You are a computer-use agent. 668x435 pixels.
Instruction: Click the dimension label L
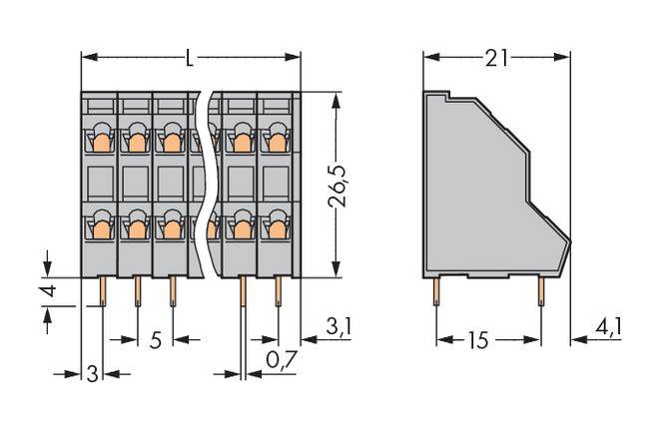190,58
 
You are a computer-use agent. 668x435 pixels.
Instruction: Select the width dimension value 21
497,58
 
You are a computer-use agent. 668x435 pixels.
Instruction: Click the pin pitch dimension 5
155,340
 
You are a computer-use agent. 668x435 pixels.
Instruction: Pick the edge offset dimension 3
92,375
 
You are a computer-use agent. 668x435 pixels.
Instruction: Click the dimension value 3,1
340,325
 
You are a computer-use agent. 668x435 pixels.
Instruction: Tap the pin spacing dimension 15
476,340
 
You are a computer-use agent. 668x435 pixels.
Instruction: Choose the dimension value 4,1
606,325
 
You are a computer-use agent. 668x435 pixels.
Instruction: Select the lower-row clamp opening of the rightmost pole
277,228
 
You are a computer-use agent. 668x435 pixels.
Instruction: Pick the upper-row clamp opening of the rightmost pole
277,140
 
